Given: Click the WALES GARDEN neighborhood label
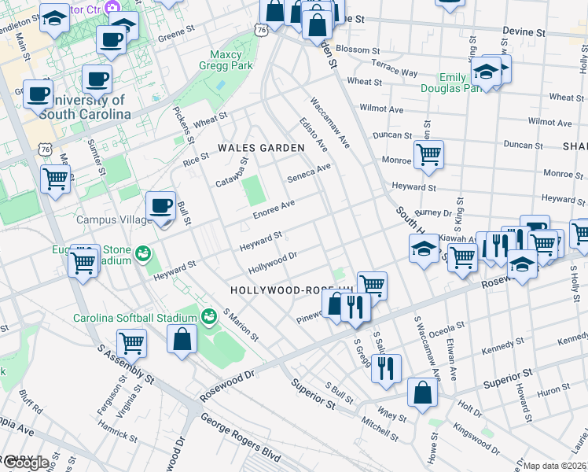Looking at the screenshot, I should (x=261, y=148).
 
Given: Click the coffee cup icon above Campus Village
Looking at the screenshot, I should (x=161, y=206).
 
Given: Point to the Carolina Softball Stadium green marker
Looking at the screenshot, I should (x=208, y=317).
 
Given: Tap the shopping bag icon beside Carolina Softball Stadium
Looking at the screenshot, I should (x=182, y=340).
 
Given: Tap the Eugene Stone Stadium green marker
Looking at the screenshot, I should (x=142, y=253).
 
